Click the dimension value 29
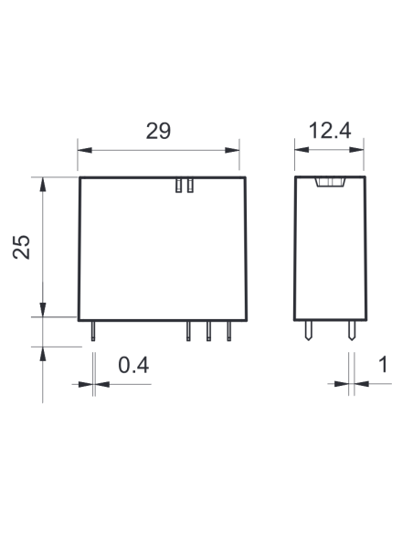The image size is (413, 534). pyautogui.click(x=158, y=131)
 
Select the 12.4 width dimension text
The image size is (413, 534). pyautogui.click(x=329, y=131)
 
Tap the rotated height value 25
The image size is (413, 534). pyautogui.click(x=21, y=247)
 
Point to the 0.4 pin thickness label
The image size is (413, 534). pyautogui.click(x=133, y=365)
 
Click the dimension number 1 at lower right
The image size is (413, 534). pyautogui.click(x=383, y=365)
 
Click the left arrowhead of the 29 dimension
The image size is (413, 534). pyautogui.click(x=85, y=150)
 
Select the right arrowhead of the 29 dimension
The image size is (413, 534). pyautogui.click(x=232, y=150)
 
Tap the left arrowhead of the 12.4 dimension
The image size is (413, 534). pyautogui.click(x=302, y=150)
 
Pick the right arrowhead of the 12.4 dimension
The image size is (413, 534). pyautogui.click(x=356, y=150)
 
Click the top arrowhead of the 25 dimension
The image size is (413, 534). pyautogui.click(x=43, y=184)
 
